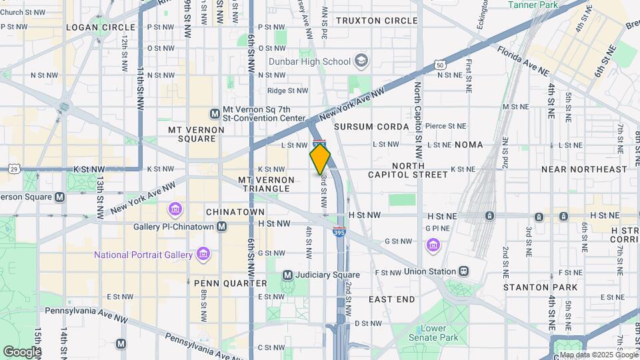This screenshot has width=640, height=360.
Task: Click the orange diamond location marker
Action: pyautogui.click(x=320, y=159)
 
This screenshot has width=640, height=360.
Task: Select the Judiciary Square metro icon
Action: pyautogui.click(x=287, y=275)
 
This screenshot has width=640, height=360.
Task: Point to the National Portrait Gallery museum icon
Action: pyautogui.click(x=203, y=254)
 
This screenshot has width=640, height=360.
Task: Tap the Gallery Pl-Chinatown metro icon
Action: pyautogui.click(x=221, y=227)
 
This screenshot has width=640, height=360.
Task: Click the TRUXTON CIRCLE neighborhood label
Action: pyautogui.click(x=377, y=21)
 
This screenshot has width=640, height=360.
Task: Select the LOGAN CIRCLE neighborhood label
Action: pyautogui.click(x=101, y=27)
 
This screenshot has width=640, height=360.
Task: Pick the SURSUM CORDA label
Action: pyautogui.click(x=371, y=127)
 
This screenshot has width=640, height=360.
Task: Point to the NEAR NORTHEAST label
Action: pyautogui.click(x=584, y=169)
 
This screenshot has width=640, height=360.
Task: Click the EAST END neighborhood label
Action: pyautogui.click(x=391, y=299)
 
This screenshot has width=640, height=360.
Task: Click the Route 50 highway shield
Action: pyautogui.click(x=438, y=65)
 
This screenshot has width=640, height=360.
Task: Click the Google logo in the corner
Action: pyautogui.click(x=21, y=351)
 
